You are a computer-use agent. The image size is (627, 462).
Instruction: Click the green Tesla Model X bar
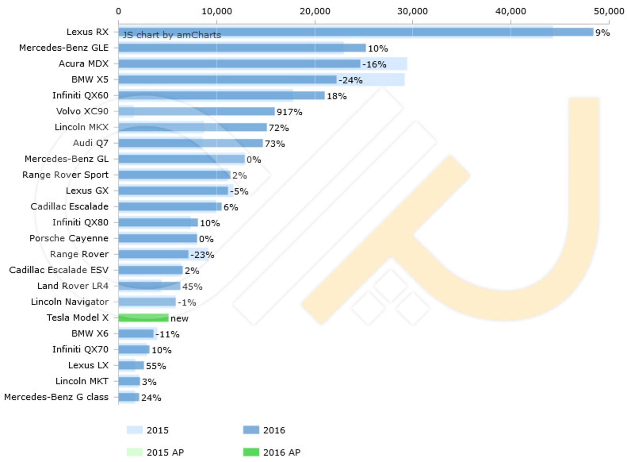pos(143,317)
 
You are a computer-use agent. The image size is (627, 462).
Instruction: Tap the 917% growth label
pos(289,112)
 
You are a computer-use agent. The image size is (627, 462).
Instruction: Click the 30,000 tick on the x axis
pos(412,11)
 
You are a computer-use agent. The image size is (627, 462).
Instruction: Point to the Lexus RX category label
pos(87,32)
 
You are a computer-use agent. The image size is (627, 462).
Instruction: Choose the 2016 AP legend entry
pos(272,452)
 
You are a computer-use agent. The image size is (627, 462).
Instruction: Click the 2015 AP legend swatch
pos(135,452)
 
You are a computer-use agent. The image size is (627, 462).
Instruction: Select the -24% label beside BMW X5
pos(350,80)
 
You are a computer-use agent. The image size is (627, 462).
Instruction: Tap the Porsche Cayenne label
pos(69,238)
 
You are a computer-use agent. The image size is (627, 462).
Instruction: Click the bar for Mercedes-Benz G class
pos(129,397)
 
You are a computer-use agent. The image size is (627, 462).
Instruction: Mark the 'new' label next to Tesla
pos(179,318)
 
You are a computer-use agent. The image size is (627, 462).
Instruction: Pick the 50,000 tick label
pos(609,11)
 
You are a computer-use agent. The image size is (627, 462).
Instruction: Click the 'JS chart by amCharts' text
pos(171,35)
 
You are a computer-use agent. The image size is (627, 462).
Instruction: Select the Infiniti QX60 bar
pos(221,95)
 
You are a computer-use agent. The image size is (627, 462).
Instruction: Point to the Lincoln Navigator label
pos(70,302)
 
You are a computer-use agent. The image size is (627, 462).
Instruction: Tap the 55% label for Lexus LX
pos(156,366)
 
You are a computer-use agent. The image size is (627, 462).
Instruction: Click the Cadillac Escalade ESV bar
pos(150,270)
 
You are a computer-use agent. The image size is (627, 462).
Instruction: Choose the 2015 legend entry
pos(148,430)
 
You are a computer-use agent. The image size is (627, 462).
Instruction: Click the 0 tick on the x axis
pos(118,11)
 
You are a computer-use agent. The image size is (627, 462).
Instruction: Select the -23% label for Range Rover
pos(202,255)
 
